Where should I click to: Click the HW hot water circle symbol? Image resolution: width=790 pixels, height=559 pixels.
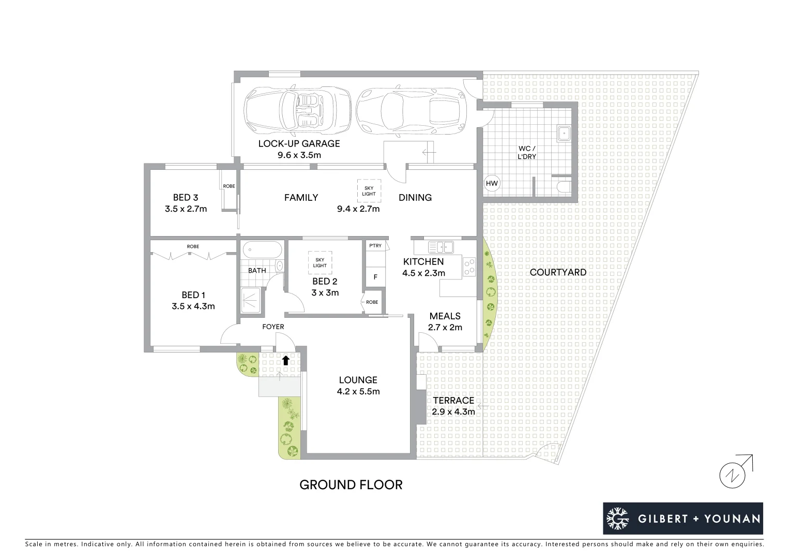coord(492,183)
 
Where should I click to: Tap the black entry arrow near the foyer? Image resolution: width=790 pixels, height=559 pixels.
coord(285,360)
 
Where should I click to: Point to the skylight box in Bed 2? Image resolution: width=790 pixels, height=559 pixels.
coord(320,262)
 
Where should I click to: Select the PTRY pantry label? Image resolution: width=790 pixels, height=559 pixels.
coord(375,245)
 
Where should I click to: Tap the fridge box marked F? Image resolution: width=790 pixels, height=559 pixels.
coord(375,277)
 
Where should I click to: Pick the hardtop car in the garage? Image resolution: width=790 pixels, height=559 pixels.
coord(411,110)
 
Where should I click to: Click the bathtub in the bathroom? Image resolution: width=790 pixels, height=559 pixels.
coord(262,250)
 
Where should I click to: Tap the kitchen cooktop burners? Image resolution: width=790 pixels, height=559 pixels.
coord(470,266)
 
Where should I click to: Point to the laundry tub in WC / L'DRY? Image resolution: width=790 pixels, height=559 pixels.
coord(563,134)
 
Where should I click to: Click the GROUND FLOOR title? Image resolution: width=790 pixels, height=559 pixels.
coord(351,485)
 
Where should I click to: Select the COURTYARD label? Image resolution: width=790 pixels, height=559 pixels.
coord(558,272)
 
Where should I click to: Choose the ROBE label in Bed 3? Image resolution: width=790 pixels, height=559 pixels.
coord(229,186)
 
